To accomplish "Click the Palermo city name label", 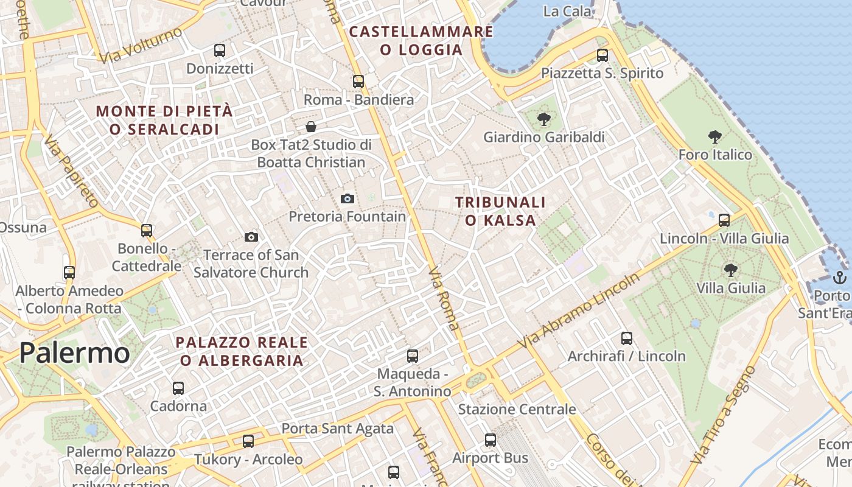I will (74, 353).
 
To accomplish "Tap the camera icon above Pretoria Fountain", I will (347, 198).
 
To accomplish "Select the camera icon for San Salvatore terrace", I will (251, 237).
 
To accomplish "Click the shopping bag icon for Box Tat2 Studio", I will (311, 127).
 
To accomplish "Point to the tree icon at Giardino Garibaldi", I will (544, 119).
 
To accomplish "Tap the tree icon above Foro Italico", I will (715, 137).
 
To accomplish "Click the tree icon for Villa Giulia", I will (730, 270).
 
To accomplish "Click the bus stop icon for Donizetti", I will (220, 51).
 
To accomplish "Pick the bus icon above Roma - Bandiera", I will (358, 81).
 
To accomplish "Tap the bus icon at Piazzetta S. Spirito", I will (602, 55).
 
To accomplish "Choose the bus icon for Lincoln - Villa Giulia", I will (724, 220).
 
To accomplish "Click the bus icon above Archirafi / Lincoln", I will (627, 338).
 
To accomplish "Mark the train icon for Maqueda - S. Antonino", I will (413, 356).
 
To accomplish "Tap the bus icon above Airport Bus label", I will (491, 440).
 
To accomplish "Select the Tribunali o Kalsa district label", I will (500, 211).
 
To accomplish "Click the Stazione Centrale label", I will (517, 409).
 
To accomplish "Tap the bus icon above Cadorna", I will (178, 388).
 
